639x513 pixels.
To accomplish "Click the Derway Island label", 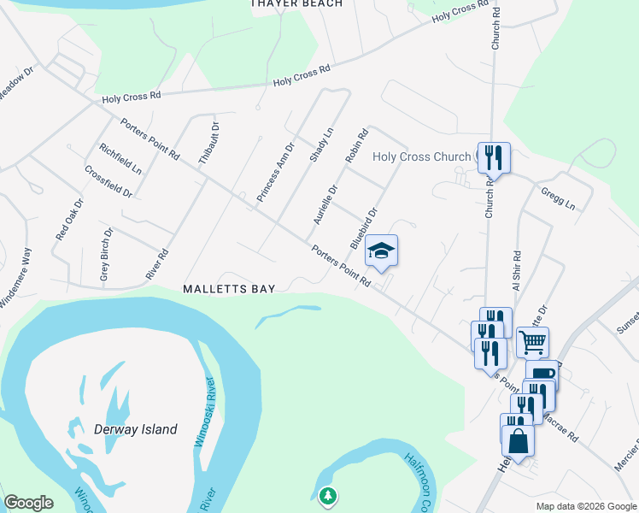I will click(x=125, y=429).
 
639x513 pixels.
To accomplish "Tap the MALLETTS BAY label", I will click(x=229, y=289).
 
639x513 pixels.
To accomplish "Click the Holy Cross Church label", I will click(x=422, y=156).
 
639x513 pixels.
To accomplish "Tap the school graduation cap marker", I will click(x=382, y=251).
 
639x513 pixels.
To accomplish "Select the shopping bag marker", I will click(x=518, y=440).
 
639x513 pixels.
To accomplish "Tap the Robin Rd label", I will click(x=356, y=146).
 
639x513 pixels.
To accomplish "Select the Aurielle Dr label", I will click(x=325, y=205).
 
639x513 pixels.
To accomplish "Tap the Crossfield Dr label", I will click(x=108, y=181).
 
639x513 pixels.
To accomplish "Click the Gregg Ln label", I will click(x=558, y=199).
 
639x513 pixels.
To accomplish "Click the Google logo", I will click(x=28, y=503).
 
